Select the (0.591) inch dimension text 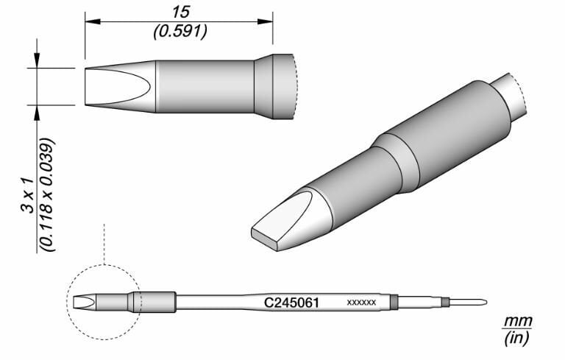tap(179, 32)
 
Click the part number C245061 tap(291, 302)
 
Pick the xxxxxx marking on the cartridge tap(361, 303)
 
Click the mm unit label tap(517, 322)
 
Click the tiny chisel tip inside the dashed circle tap(82, 302)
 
